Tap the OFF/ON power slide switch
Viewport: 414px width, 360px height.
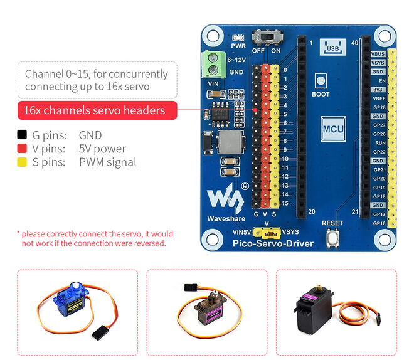coord(273,39)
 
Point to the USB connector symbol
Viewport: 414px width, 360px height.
coord(332,47)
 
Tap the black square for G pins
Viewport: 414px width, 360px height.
coord(22,135)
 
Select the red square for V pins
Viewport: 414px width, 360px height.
coord(22,149)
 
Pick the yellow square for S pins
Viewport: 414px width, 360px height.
coord(22,162)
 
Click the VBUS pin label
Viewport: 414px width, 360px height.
coord(378,55)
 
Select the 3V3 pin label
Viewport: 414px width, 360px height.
coord(378,90)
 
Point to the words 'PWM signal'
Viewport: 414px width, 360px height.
coord(107,162)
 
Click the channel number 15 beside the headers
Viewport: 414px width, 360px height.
coord(285,203)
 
